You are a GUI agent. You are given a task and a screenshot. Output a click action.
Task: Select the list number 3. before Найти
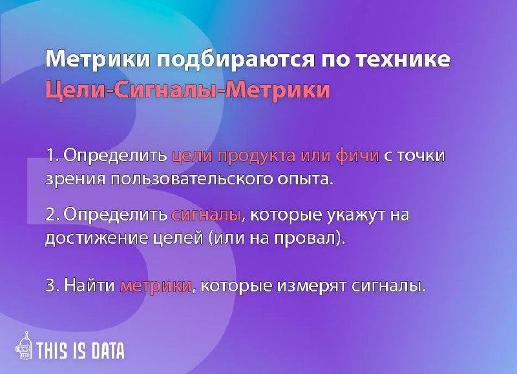(52, 285)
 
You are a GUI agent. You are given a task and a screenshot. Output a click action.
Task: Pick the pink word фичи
(357, 156)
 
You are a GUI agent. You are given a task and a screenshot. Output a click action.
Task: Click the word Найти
(89, 284)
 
